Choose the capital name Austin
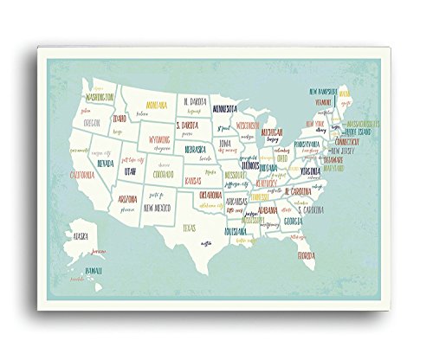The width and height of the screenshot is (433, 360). point(205,243)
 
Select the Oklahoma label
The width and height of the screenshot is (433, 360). point(212,195)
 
